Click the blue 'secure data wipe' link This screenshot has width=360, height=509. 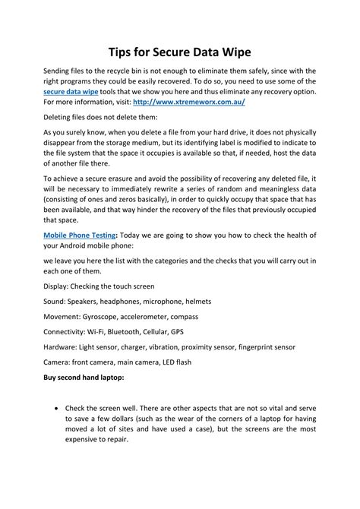73,90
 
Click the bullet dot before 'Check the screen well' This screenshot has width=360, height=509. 58,407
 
